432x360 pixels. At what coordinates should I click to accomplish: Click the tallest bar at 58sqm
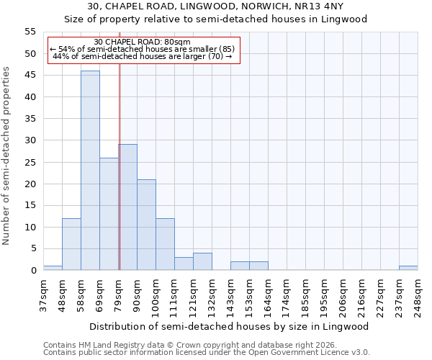90,171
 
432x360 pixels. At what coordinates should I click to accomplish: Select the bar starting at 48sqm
71,244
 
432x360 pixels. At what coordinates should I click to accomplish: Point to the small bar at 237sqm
408,268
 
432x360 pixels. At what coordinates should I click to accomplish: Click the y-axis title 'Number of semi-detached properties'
6,156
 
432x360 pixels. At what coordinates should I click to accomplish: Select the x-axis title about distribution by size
230,326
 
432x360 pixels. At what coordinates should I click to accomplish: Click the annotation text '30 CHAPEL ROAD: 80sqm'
142,42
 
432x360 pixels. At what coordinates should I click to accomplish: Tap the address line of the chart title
215,6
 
